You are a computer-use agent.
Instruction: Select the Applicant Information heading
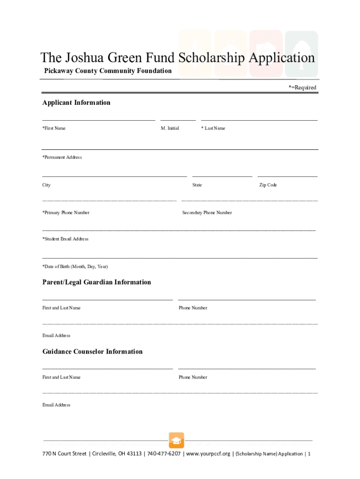(x=76, y=102)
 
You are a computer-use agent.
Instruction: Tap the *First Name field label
(x=54, y=128)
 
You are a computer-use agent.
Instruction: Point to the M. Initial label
(x=170, y=128)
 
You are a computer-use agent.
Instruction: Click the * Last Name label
(x=213, y=128)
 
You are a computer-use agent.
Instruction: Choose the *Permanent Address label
(x=62, y=157)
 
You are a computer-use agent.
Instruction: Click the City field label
(x=46, y=185)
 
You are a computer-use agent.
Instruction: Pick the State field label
(x=197, y=185)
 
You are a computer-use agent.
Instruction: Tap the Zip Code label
(x=268, y=185)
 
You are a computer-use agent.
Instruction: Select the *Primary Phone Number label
(x=66, y=212)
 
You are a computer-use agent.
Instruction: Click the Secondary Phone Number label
(x=207, y=212)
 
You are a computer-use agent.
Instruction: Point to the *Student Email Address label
(x=65, y=239)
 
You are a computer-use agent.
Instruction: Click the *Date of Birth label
(x=75, y=266)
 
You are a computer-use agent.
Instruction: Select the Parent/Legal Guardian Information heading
(x=97, y=282)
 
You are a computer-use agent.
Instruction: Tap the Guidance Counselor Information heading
(x=93, y=351)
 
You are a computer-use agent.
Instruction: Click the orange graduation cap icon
(x=176, y=440)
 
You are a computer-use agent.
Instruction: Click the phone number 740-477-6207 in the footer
(x=164, y=454)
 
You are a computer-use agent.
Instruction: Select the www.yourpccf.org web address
(x=208, y=454)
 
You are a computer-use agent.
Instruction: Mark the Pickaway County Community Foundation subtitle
(x=108, y=71)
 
